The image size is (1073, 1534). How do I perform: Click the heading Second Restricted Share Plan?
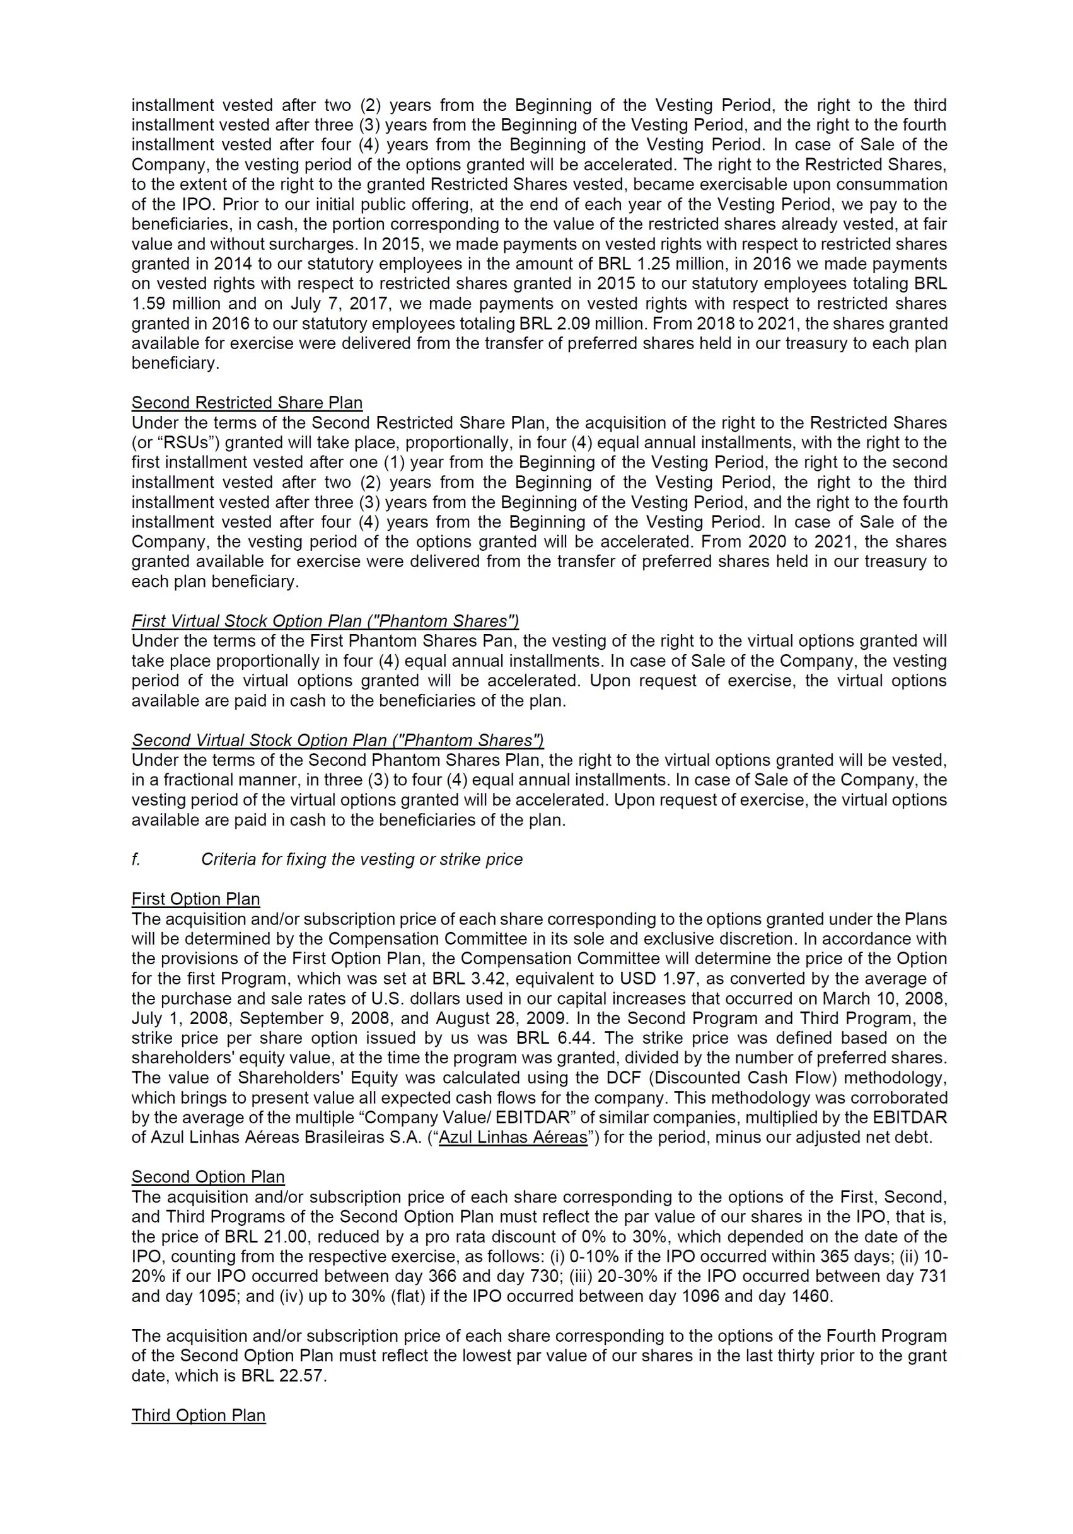[246, 403]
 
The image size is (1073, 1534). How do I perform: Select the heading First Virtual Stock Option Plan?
[325, 621]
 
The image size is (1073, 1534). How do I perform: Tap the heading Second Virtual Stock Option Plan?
[337, 741]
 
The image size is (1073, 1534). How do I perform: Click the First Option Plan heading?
[196, 899]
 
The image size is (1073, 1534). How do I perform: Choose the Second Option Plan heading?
[208, 1177]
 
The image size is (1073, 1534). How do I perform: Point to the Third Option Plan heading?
[199, 1415]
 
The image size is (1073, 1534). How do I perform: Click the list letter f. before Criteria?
[136, 859]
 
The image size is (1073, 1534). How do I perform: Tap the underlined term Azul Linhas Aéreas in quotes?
[513, 1137]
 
